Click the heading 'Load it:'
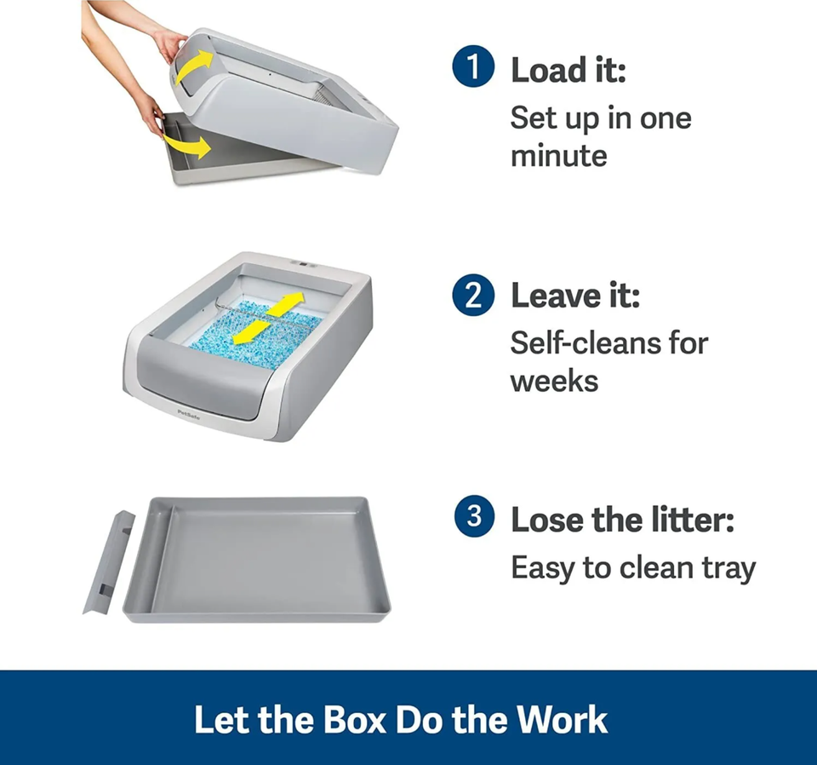pos(568,71)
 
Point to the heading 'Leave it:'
pos(574,296)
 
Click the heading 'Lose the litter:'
pos(621,519)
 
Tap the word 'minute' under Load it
pos(558,156)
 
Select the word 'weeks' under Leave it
pos(554,380)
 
